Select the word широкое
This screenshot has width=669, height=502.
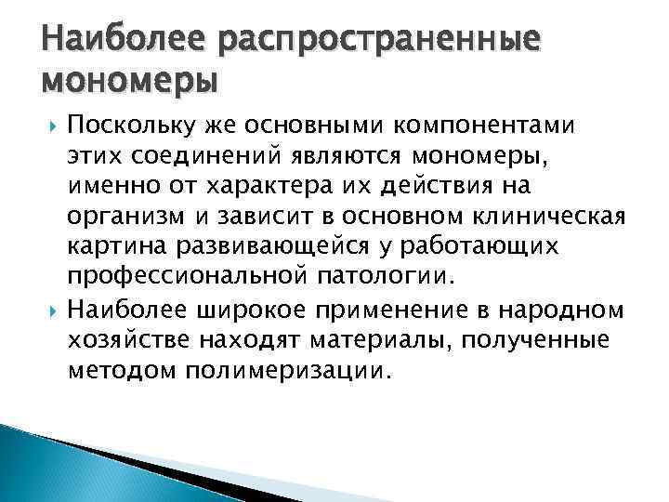click(x=247, y=308)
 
